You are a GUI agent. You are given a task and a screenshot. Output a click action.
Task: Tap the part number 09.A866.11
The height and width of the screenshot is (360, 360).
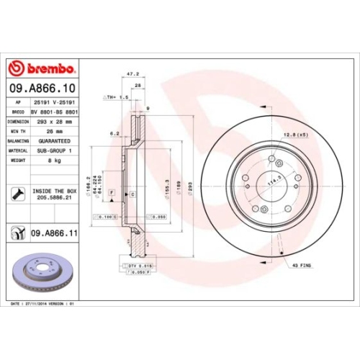point(54,233)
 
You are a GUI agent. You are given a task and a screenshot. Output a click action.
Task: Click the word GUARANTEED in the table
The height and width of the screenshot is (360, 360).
point(52,141)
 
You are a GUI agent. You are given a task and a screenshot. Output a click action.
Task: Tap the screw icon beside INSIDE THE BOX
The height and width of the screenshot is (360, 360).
point(16,193)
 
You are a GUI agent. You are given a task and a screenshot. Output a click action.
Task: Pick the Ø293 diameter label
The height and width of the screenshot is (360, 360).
point(189,187)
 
